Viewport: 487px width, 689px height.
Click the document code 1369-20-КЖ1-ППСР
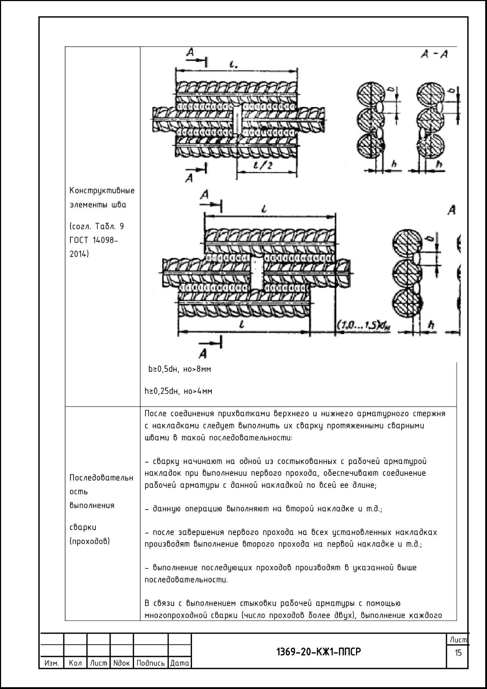(x=318, y=651)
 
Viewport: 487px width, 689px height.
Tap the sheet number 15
(x=458, y=652)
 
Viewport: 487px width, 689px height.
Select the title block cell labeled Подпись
(x=150, y=663)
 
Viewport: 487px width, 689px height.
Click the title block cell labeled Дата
(x=179, y=663)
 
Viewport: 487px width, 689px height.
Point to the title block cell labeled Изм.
(x=52, y=663)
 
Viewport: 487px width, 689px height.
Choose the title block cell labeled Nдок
(x=121, y=663)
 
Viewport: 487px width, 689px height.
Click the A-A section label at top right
(x=434, y=55)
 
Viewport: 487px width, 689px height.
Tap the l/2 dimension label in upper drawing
(x=265, y=165)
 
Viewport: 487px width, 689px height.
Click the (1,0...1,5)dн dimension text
(x=363, y=325)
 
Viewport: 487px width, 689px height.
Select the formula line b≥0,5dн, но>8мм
(x=180, y=369)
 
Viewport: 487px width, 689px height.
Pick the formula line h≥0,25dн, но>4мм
(x=178, y=391)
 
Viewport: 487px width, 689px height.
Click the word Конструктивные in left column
(x=102, y=190)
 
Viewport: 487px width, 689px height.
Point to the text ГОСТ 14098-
(x=94, y=240)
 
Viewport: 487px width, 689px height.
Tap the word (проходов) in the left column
(x=90, y=541)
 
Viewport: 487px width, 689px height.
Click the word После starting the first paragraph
(x=155, y=413)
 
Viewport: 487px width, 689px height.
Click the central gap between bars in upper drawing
(x=237, y=119)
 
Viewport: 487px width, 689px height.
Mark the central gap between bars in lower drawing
(x=257, y=273)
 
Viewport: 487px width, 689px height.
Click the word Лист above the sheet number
(x=458, y=639)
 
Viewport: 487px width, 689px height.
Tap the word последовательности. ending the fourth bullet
(x=186, y=580)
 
